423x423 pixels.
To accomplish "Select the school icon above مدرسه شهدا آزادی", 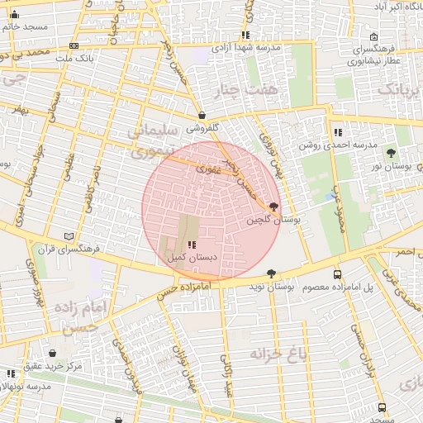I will (x=245, y=35).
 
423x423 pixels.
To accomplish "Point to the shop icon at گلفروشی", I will (x=203, y=116).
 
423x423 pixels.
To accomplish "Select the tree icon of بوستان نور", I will (x=391, y=154).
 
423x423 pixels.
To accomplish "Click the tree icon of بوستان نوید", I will (x=271, y=273).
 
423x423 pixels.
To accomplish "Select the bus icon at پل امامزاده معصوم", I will (x=337, y=274).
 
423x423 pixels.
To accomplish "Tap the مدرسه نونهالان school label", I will (x=29, y=386).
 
